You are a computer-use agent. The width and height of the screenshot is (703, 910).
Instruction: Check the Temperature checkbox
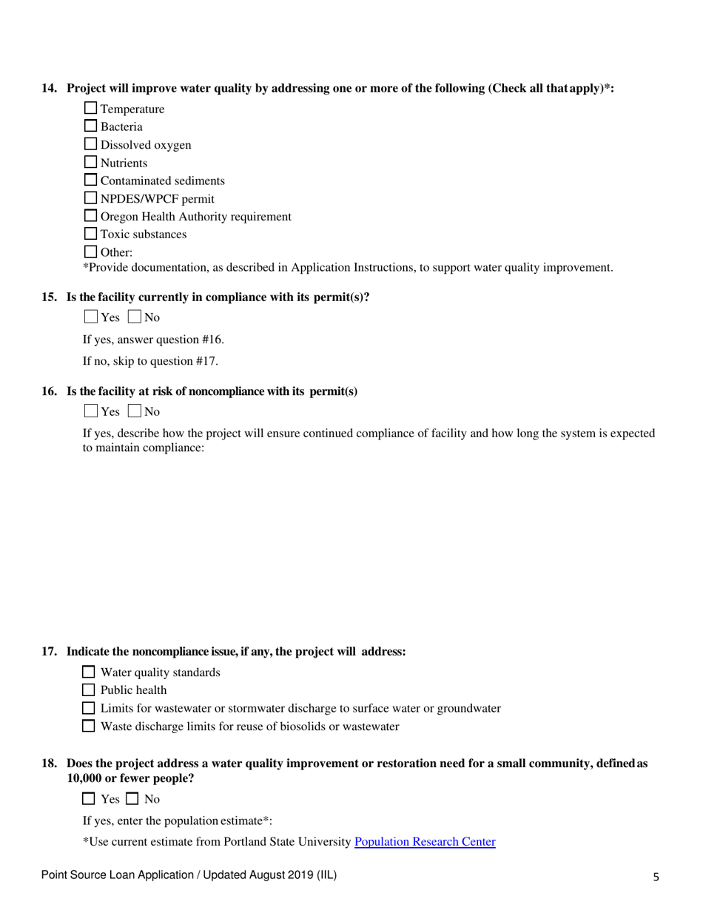(x=91, y=109)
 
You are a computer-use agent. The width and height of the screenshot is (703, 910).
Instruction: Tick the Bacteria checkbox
(x=91, y=127)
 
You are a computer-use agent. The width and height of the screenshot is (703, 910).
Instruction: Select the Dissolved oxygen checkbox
(x=91, y=145)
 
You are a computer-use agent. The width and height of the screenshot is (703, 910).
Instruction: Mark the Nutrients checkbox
(x=91, y=163)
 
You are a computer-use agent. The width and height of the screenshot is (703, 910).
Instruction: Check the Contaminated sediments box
(x=91, y=181)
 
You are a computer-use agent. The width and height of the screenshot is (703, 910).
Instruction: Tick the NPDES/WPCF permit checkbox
(x=91, y=198)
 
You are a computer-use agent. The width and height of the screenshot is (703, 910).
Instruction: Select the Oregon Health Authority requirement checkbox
(x=91, y=217)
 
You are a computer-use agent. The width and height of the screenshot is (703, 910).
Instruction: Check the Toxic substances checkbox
(x=91, y=235)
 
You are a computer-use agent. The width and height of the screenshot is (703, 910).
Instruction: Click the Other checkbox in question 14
(x=91, y=252)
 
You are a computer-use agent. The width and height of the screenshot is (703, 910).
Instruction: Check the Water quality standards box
(x=88, y=673)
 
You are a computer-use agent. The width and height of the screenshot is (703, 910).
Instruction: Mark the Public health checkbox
(x=88, y=690)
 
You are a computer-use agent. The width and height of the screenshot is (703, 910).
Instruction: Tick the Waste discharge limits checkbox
(x=88, y=727)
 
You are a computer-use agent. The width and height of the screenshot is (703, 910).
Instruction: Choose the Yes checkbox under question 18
(x=88, y=799)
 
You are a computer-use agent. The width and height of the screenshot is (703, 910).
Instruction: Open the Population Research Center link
(x=425, y=841)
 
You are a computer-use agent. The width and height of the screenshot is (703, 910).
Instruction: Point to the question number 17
(x=50, y=652)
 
